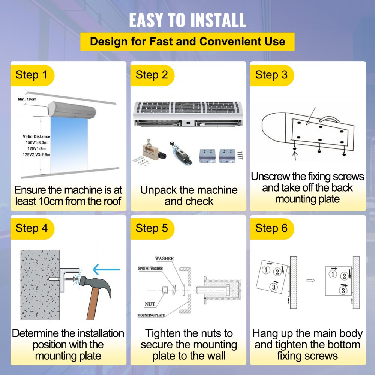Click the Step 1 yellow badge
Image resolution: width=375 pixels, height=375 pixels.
coord(32,75)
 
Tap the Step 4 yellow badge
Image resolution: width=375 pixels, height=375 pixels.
coord(32,229)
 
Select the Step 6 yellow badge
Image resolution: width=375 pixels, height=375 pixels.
coord(272,229)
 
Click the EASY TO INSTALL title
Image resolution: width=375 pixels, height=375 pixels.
coord(188,20)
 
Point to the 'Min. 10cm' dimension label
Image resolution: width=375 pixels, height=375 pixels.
coord(27,99)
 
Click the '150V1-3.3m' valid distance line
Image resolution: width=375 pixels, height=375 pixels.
coord(37,143)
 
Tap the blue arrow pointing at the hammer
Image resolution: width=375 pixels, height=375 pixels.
coord(106,270)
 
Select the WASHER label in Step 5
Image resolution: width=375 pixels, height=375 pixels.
coord(164,258)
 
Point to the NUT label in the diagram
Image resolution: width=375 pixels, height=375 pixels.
coord(150,304)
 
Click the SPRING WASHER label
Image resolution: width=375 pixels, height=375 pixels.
coord(150,268)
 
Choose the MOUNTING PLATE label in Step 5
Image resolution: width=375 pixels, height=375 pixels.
coord(151,315)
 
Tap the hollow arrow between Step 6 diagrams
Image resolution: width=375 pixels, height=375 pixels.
coord(310,280)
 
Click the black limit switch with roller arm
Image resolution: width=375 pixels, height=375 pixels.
coord(181,153)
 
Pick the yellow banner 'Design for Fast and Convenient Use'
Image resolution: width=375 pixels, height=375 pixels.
coord(187,42)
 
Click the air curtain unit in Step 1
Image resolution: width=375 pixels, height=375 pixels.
coord(72,110)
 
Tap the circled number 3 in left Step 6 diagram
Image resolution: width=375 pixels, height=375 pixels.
coord(274,287)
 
